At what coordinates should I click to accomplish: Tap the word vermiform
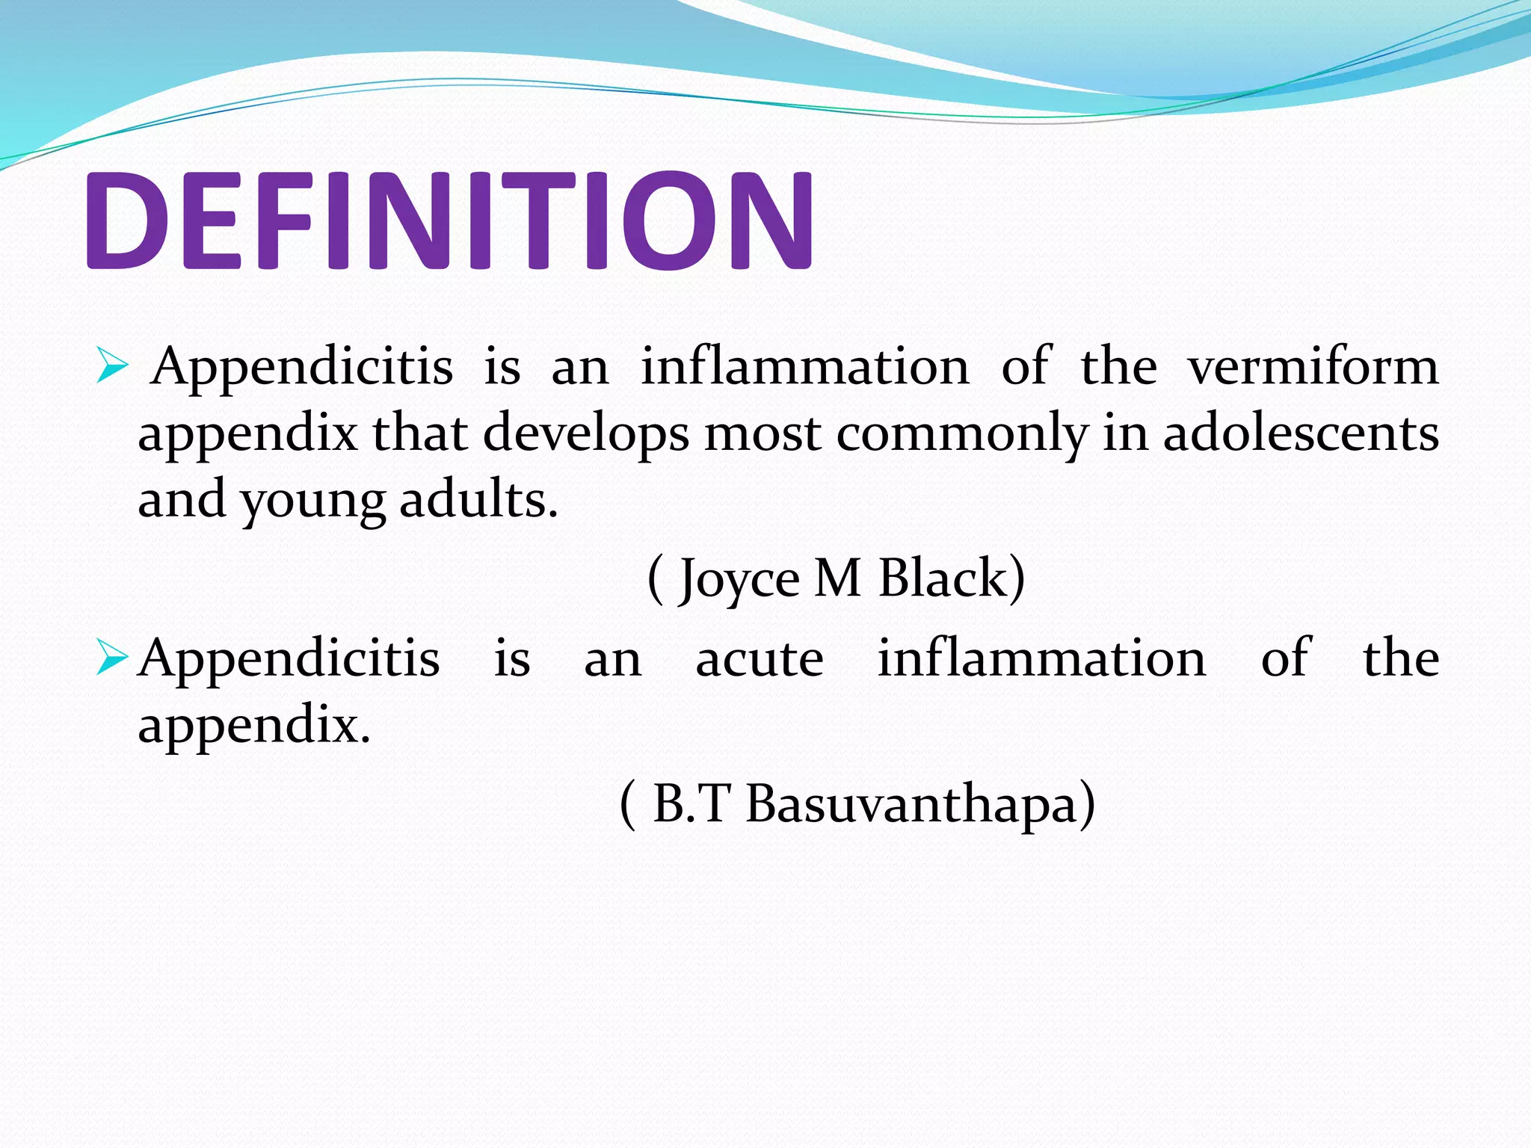(x=1313, y=368)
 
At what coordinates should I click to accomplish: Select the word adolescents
(x=1301, y=433)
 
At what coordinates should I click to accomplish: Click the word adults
(x=478, y=499)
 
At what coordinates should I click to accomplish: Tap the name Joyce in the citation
(x=740, y=580)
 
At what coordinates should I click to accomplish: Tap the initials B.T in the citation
(x=691, y=804)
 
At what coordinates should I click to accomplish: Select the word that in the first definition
(x=420, y=433)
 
